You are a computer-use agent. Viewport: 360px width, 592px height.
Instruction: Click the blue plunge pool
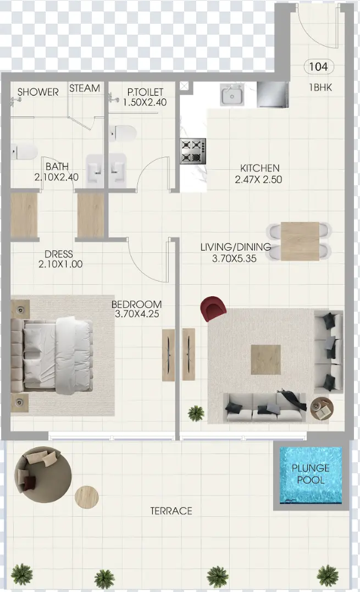click(x=311, y=475)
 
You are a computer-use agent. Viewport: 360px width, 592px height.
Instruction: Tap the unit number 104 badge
click(x=318, y=67)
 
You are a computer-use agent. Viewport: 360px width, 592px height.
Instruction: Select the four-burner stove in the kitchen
click(x=193, y=151)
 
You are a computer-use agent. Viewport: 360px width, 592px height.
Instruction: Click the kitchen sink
click(x=232, y=95)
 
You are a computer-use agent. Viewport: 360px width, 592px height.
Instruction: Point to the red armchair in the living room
click(x=214, y=308)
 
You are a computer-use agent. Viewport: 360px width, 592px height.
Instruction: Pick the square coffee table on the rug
click(x=265, y=359)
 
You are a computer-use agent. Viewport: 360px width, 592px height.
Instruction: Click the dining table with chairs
click(x=300, y=241)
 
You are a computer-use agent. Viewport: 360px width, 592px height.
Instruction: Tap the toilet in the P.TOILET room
click(x=123, y=132)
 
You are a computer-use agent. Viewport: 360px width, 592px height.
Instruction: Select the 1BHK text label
click(x=320, y=87)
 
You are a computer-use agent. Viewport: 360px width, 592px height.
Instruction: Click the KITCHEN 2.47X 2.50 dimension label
click(x=258, y=174)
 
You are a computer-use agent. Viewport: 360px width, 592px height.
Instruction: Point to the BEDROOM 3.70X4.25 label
click(x=136, y=309)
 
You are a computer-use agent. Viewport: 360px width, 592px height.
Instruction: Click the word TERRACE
click(x=171, y=511)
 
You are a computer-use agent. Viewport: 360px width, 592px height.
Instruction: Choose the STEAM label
click(x=85, y=88)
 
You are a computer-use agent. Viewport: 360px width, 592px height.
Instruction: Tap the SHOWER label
click(x=38, y=92)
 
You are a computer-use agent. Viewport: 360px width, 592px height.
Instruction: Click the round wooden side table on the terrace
click(x=87, y=497)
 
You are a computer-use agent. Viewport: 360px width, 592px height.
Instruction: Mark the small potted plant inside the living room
click(x=196, y=412)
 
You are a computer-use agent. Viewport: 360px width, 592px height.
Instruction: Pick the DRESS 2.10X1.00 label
click(x=60, y=259)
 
